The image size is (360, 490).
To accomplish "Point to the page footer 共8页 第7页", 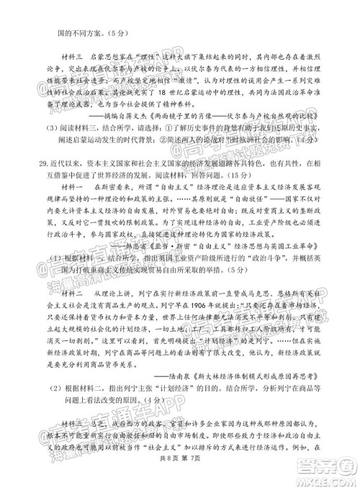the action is click(x=180, y=480).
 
